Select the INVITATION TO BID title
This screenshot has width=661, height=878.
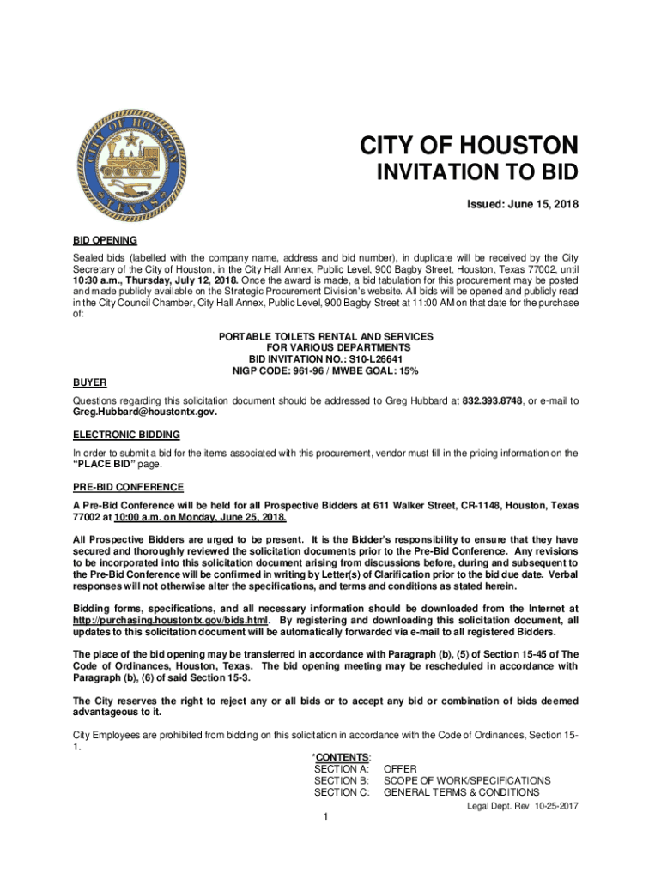(478, 173)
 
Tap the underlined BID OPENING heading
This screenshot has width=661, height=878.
(105, 240)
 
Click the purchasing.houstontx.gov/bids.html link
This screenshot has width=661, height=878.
(171, 620)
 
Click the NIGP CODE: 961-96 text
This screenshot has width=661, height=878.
(280, 370)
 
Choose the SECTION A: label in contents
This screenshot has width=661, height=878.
(341, 769)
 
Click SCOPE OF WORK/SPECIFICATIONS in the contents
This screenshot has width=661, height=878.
(467, 780)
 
